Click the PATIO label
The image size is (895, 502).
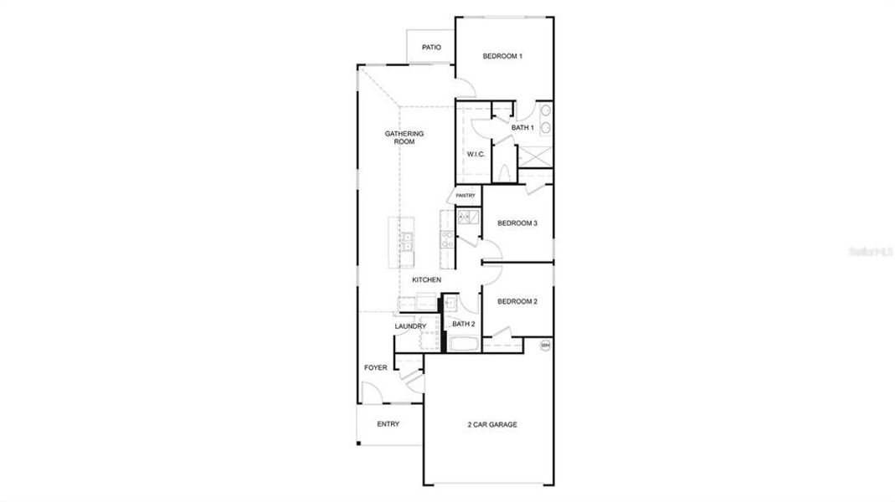[431, 48]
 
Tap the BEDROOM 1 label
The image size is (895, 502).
[502, 57]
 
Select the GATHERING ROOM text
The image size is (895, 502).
[404, 138]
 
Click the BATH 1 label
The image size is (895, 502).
[522, 128]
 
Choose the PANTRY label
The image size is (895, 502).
[466, 196]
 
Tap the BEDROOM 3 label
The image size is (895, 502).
[517, 223]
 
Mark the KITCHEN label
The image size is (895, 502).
[426, 279]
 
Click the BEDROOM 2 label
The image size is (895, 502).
[517, 301]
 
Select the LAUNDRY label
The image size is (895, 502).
[410, 326]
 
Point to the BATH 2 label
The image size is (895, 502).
[464, 324]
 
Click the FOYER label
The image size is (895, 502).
[375, 367]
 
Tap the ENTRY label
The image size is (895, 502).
[388, 424]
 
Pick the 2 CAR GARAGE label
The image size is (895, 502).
[491, 425]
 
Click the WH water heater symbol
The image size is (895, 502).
[545, 345]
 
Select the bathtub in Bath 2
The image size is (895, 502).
[463, 343]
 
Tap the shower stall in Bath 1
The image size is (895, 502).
[534, 155]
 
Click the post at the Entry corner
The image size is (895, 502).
[358, 443]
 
